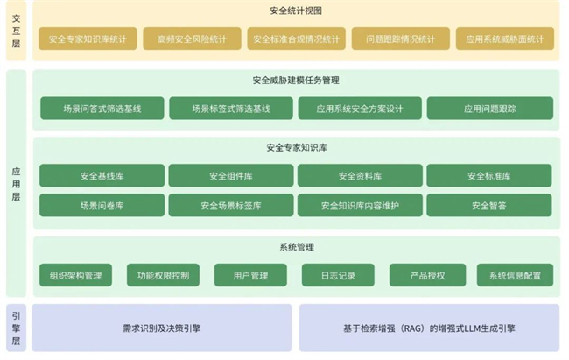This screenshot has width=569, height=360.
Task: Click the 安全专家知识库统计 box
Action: coord(88,39)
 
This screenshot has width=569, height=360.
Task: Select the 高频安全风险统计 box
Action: coord(192,39)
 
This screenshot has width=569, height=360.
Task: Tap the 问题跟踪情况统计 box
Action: coord(401,39)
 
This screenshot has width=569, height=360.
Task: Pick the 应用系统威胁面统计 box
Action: coord(505,39)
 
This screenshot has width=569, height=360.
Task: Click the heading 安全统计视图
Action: coord(296,11)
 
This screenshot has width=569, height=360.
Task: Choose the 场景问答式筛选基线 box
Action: coord(102,109)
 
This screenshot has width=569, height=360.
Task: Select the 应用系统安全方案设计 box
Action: coord(360,109)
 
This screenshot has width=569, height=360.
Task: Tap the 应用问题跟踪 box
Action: coord(490,109)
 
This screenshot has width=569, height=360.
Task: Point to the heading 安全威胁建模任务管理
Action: coord(296,81)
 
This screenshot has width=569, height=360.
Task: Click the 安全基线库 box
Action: coord(102,175)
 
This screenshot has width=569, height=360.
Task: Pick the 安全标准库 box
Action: coord(489,175)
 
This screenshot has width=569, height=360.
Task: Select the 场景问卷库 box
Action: coord(102,205)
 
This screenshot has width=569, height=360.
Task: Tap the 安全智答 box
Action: coord(489,205)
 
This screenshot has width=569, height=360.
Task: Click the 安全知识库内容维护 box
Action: coord(360,205)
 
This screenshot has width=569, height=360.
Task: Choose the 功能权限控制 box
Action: coord(163,275)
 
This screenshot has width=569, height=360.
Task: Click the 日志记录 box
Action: coord(338,275)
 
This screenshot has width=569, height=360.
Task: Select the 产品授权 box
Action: coord(427,275)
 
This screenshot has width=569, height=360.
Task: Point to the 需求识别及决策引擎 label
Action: coord(161,328)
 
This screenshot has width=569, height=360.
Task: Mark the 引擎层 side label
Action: coord(16,328)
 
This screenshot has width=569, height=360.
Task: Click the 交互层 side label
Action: coord(16,31)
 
